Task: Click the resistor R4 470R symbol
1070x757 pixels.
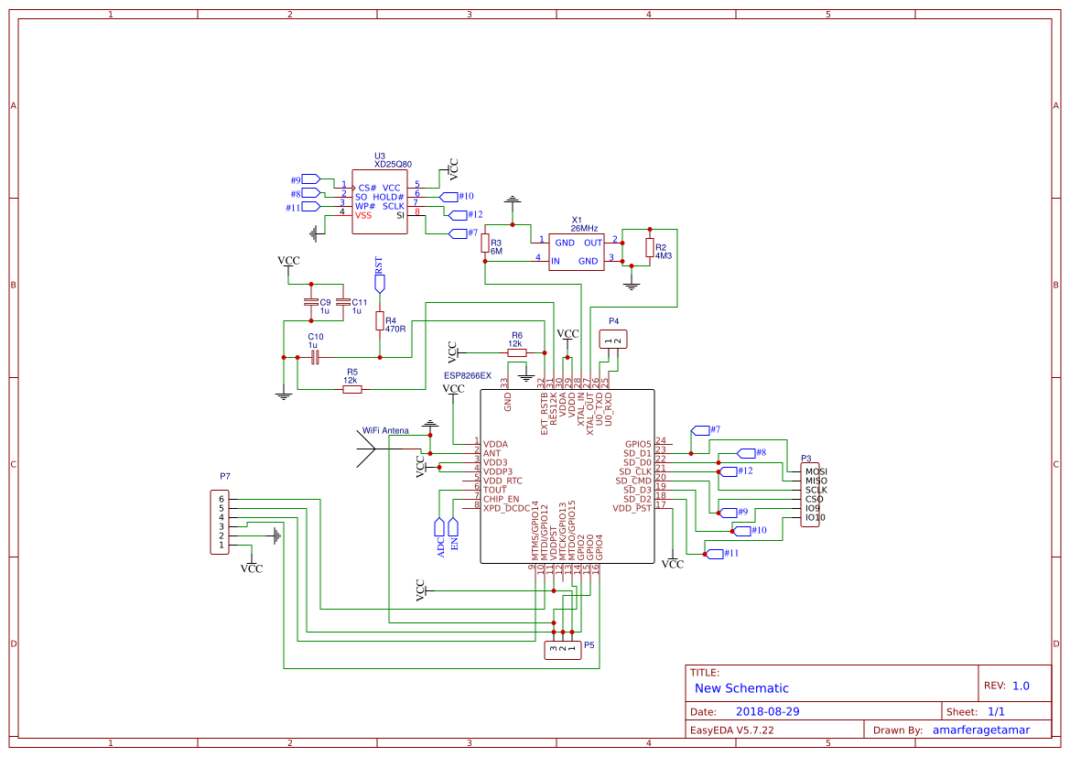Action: point(380,320)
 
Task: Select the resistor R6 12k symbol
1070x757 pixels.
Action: point(517,352)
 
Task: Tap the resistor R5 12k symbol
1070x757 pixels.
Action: point(351,390)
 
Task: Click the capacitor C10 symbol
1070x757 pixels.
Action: point(315,357)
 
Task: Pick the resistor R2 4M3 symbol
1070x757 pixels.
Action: point(650,248)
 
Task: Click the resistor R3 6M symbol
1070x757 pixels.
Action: point(485,243)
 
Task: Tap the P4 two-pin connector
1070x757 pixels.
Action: point(613,341)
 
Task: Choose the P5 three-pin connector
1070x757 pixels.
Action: point(562,651)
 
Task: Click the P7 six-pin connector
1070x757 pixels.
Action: point(220,522)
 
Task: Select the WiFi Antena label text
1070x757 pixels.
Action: point(385,430)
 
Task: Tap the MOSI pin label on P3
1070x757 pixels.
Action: point(815,471)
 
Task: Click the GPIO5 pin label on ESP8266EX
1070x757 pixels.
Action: point(637,444)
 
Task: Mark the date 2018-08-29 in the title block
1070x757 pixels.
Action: point(768,711)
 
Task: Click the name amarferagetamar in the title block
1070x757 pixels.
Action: point(980,730)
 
